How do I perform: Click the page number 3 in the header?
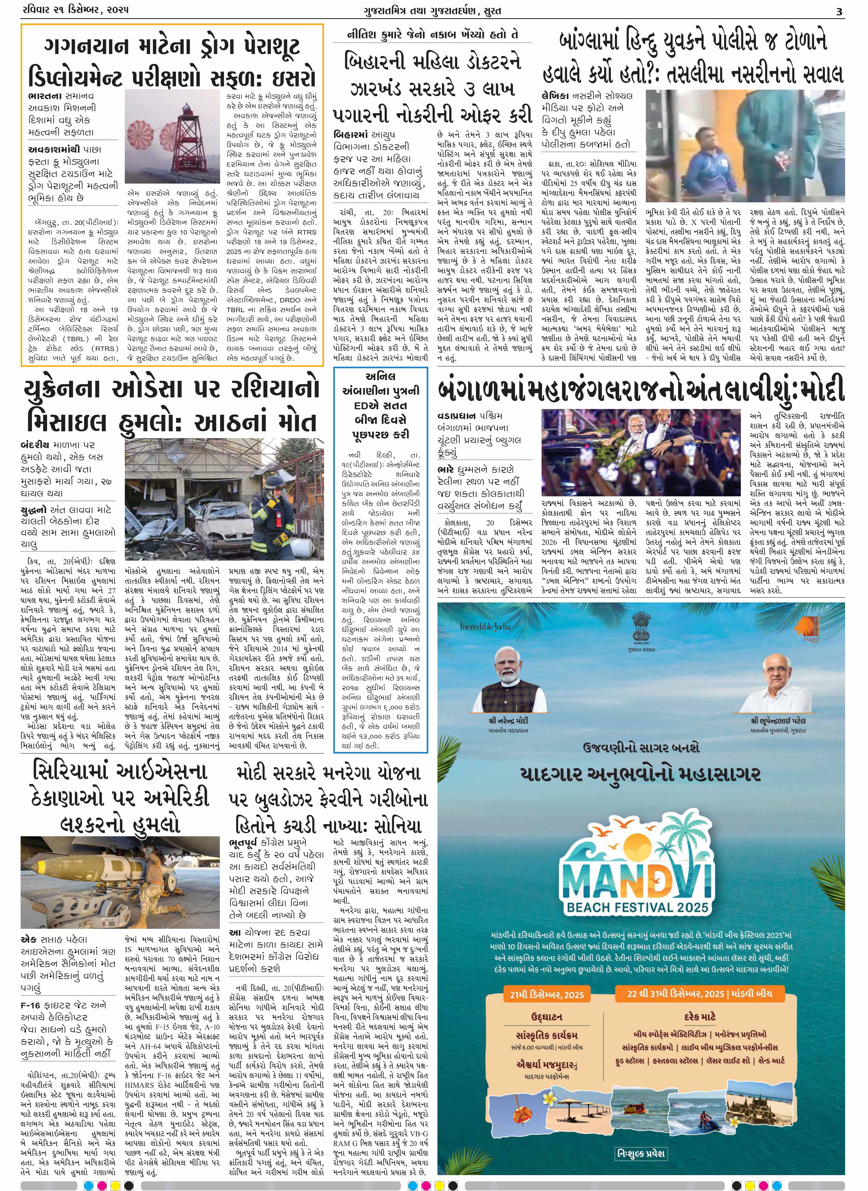click(839, 10)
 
